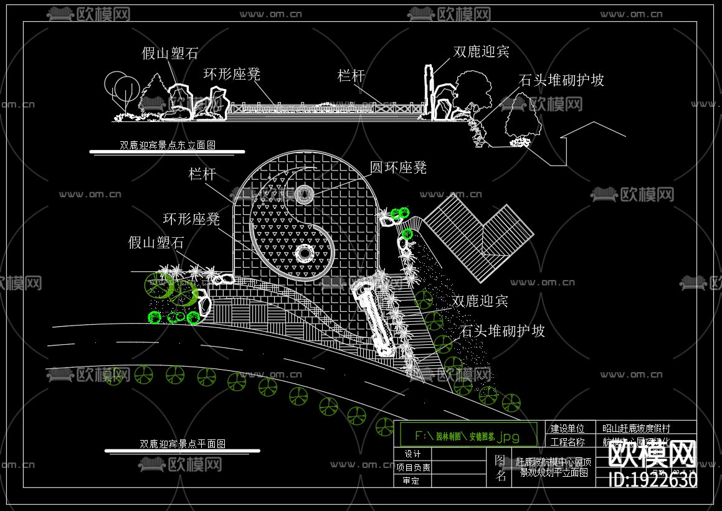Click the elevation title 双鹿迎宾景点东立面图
(x=167, y=146)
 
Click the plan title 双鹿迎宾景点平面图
(x=183, y=444)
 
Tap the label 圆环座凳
(x=398, y=167)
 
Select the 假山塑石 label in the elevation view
(x=170, y=54)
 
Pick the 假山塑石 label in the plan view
(x=156, y=243)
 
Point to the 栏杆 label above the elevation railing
(x=351, y=76)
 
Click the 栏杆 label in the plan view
(x=202, y=174)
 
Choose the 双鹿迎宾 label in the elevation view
(x=481, y=52)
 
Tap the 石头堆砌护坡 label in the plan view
(x=503, y=331)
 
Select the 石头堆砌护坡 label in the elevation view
(x=561, y=80)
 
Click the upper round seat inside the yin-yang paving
(x=305, y=194)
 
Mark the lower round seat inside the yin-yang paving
(x=305, y=253)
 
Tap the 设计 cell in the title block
(x=412, y=454)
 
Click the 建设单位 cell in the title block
(x=568, y=428)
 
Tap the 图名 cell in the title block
(x=500, y=467)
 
